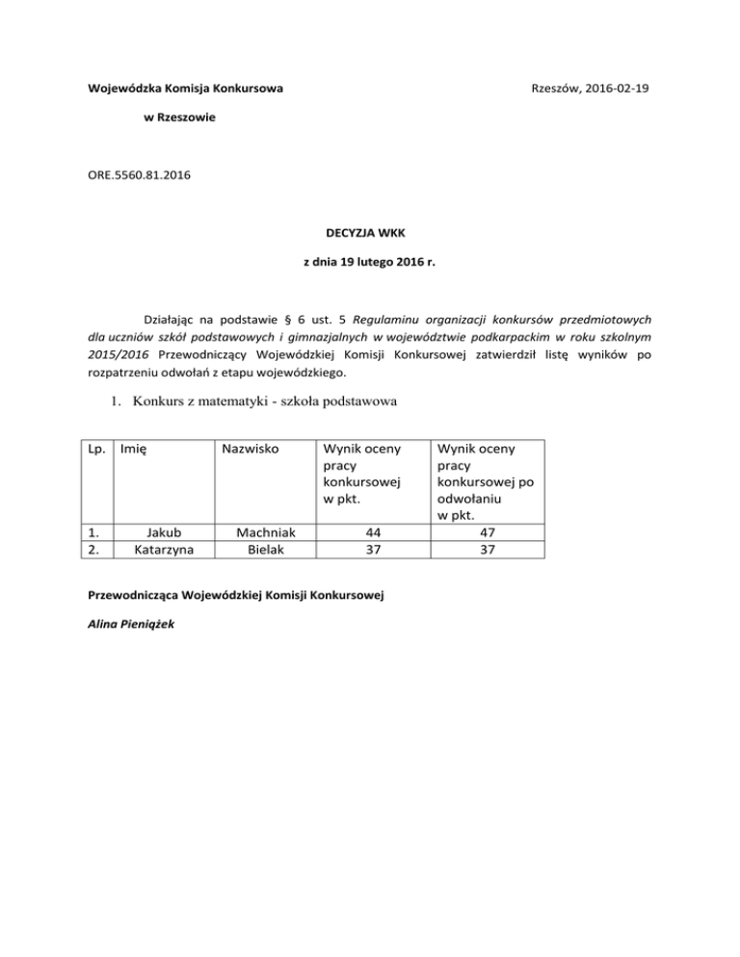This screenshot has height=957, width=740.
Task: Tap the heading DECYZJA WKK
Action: (370, 232)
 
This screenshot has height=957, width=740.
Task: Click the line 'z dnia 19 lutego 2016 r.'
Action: (370, 259)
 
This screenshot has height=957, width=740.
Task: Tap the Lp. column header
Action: (97, 448)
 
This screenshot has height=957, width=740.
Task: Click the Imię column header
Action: (135, 448)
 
